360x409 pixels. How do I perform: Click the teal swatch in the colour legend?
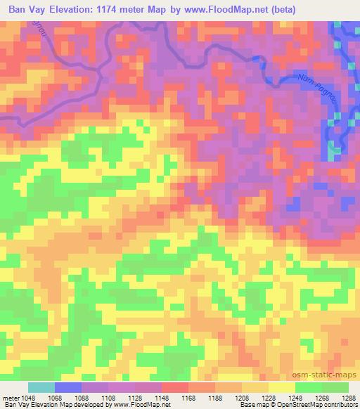tap(41, 387)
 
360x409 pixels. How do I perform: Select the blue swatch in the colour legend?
tap(68, 387)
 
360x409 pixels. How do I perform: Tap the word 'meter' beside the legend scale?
tap(11, 398)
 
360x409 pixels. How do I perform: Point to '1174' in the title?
tap(103, 10)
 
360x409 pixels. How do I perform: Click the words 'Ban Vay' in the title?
tap(27, 10)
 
